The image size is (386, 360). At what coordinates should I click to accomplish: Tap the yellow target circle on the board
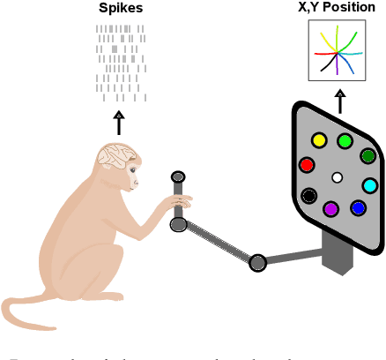319,140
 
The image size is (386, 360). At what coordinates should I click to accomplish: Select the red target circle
307,165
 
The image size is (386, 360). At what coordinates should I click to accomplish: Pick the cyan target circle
370,185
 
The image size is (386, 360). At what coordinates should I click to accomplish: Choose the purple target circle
330,209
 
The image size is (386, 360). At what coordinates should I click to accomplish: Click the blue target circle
358,208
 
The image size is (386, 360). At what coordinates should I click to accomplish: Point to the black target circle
309,196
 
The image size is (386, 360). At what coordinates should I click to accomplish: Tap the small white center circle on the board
337,177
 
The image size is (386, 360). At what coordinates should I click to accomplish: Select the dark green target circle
367,156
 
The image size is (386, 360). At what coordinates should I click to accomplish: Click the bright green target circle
345,140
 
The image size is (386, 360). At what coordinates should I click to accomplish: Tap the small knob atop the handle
177,177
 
